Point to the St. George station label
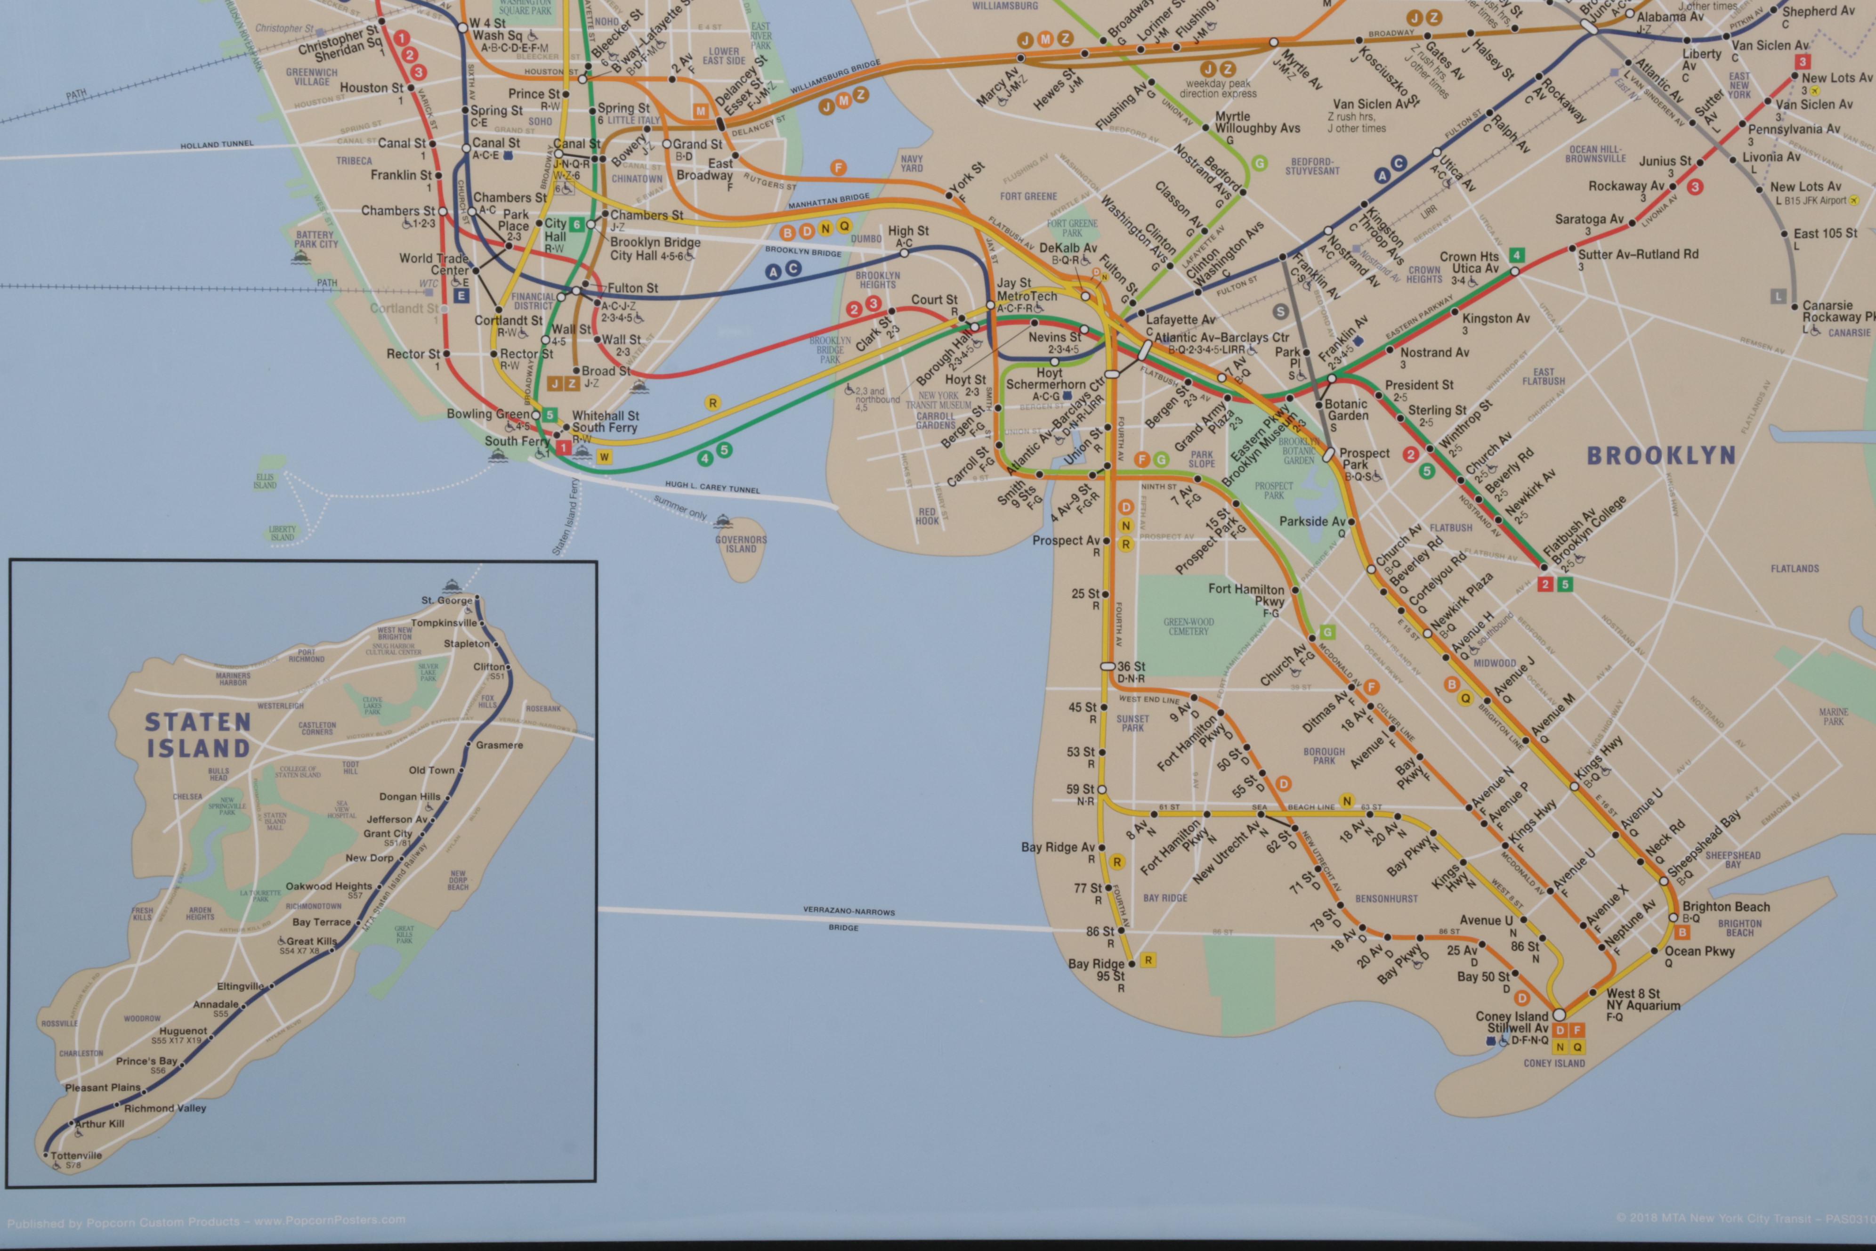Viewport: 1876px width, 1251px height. [x=447, y=600]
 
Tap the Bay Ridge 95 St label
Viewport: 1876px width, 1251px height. [x=1098, y=969]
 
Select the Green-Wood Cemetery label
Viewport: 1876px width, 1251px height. [x=1189, y=626]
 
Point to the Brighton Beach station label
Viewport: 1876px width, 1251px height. [x=1725, y=907]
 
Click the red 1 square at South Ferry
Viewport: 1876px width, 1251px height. [x=563, y=447]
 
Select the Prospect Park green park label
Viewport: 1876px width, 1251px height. [x=1274, y=490]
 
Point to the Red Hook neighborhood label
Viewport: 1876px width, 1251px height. [x=927, y=516]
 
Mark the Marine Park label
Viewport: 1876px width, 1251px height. [x=1833, y=716]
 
